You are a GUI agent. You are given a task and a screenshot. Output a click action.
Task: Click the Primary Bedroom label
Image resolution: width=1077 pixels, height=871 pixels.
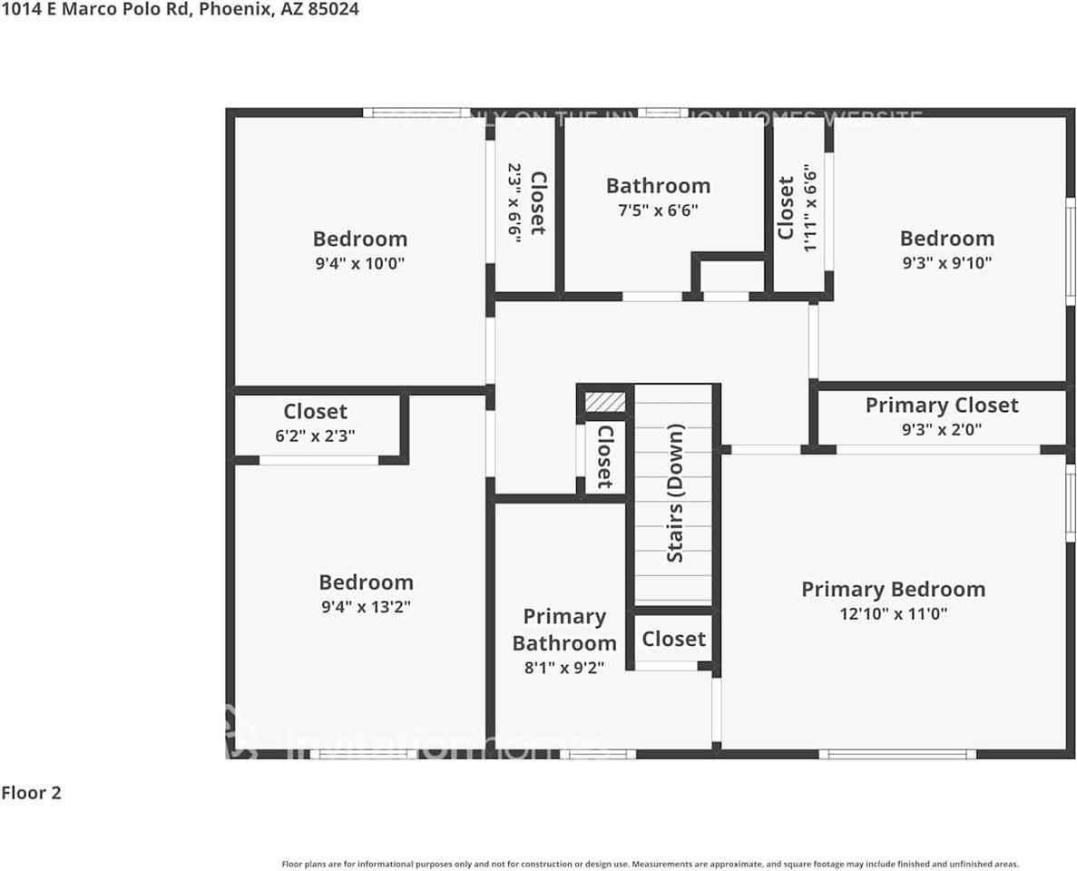tap(893, 589)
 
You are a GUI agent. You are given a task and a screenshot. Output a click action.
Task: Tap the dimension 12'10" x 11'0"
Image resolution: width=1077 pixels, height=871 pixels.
tap(893, 613)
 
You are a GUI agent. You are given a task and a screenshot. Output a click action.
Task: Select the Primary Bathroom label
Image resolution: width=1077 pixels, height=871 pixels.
tap(563, 630)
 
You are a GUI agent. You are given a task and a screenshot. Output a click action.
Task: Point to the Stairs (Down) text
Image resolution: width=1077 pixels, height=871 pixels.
tap(675, 493)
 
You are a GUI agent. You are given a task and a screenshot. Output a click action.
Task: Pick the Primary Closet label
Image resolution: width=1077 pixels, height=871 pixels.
tap(942, 405)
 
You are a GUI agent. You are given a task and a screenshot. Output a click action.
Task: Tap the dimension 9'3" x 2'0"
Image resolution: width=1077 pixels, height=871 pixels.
tap(942, 429)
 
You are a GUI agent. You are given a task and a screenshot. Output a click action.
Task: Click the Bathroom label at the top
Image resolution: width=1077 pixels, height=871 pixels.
tap(658, 186)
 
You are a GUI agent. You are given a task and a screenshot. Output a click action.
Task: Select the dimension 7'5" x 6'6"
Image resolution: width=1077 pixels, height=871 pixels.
tap(658, 210)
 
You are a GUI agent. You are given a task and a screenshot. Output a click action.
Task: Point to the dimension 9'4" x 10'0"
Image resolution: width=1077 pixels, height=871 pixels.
tap(359, 264)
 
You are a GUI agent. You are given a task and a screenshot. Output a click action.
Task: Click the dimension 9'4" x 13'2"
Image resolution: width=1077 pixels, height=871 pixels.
tap(366, 607)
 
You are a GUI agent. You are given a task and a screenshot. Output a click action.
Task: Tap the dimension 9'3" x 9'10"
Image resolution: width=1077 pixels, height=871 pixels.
tap(946, 263)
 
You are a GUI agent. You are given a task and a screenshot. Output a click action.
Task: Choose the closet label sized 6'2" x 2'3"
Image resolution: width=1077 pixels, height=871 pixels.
tap(315, 412)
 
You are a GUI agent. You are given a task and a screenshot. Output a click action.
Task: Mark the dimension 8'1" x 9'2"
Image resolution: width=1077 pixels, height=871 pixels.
tap(563, 668)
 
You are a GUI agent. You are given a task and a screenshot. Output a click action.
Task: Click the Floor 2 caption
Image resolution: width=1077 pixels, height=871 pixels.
tap(31, 793)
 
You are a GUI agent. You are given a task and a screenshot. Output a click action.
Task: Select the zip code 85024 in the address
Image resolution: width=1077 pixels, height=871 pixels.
tap(333, 9)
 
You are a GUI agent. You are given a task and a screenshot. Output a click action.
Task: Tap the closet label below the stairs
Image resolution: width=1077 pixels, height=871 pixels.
tap(673, 639)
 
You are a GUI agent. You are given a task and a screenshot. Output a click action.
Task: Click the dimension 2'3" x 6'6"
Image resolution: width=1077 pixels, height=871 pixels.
tap(514, 201)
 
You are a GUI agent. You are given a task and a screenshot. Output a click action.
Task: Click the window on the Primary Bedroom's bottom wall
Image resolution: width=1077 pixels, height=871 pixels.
tap(896, 754)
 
